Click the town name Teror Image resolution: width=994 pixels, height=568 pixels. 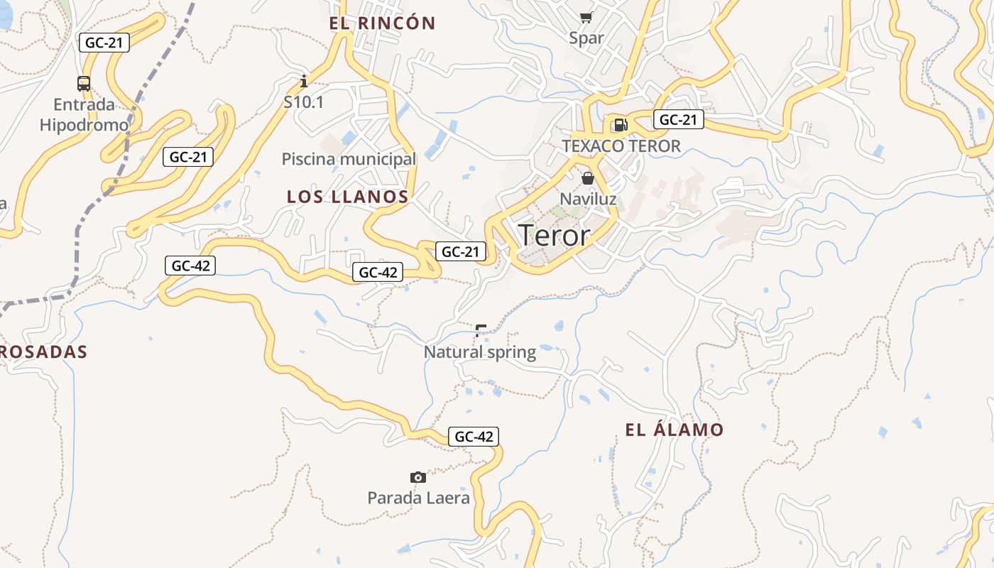[554, 236]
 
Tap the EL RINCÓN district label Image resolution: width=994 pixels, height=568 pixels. [382, 23]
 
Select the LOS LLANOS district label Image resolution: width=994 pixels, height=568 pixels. [347, 197]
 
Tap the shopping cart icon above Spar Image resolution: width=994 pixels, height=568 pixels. [586, 18]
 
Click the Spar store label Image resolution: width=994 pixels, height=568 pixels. [586, 38]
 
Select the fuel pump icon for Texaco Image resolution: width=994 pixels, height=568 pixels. [621, 126]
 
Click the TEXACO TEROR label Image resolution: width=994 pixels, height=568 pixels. [621, 146]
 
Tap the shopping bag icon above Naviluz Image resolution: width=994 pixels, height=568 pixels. [587, 178]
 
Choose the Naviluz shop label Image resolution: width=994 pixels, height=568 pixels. [588, 199]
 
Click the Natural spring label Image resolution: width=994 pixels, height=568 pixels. [480, 351]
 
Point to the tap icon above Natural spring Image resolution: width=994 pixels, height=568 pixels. [481, 329]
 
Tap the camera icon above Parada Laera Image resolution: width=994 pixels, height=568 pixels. [418, 477]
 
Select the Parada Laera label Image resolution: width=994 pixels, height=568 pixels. [418, 498]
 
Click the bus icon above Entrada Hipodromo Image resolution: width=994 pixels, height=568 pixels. [84, 84]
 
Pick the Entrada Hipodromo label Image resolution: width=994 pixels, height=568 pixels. [84, 115]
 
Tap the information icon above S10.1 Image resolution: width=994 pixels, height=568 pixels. [304, 80]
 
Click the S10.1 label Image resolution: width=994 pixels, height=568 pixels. [304, 102]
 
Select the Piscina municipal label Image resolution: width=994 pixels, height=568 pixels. [349, 159]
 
